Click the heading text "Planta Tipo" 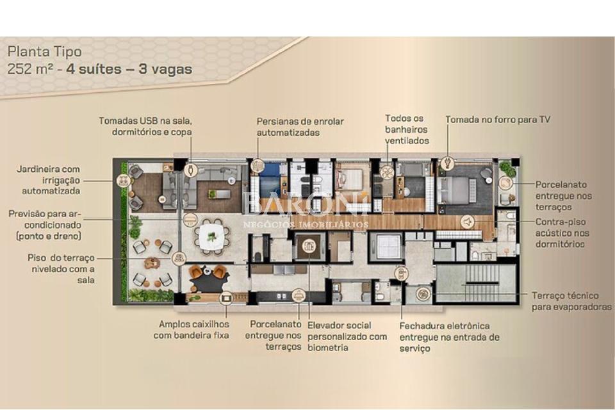[x=45, y=51]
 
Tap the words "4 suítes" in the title [x=94, y=69]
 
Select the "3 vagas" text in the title [x=165, y=69]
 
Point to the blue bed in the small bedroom [x=268, y=182]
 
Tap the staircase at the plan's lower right [x=476, y=283]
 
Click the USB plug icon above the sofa [x=190, y=170]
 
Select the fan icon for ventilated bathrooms [x=386, y=172]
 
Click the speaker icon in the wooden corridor [x=467, y=222]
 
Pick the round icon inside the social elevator [x=309, y=245]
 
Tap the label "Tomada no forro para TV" [x=497, y=120]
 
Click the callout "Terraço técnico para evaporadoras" [x=571, y=301]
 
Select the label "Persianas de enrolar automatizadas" [x=300, y=127]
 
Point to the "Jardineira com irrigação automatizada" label [x=49, y=180]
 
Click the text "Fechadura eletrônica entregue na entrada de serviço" [x=450, y=336]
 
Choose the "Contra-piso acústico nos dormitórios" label [x=562, y=233]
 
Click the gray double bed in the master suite [x=455, y=191]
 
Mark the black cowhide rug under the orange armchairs [x=207, y=278]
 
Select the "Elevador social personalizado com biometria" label [x=347, y=336]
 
